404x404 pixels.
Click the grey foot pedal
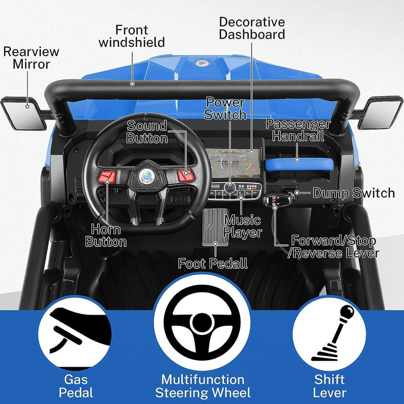click(x=215, y=227)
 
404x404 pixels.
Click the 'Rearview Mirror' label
click(x=31, y=58)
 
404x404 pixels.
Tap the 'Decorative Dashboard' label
click(x=252, y=28)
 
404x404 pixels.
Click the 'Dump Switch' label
click(x=353, y=193)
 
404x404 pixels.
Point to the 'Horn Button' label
click(x=106, y=235)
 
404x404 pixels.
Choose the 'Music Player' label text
click(x=243, y=226)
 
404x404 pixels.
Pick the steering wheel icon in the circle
click(x=202, y=323)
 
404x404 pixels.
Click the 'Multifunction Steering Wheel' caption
click(x=202, y=385)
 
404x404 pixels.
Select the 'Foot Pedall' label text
click(x=213, y=263)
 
